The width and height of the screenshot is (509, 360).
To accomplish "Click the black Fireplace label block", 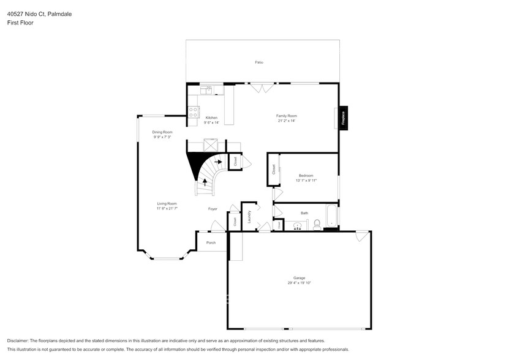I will coord(344,117).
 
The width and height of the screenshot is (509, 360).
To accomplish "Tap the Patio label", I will coord(259,63).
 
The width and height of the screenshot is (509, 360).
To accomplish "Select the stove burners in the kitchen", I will coord(193,112).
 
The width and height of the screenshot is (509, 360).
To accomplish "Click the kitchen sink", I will coord(206,90).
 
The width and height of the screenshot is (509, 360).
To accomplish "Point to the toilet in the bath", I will coord(317,225).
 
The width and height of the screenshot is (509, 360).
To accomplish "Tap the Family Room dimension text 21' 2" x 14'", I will coord(286,121).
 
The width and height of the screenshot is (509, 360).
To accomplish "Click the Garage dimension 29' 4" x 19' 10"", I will coord(299,283).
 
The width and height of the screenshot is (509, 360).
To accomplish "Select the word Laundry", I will coord(250,216).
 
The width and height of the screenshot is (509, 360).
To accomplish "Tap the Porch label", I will coord(211,243).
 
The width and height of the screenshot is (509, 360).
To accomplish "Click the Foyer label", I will coord(213,209).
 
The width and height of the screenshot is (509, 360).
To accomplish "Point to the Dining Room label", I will coord(162,132).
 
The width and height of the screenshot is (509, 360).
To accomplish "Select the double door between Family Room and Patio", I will coord(260,88).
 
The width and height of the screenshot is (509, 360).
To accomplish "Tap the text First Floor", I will coord(20,23).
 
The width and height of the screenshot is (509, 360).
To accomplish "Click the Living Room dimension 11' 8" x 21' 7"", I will coord(167,209).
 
